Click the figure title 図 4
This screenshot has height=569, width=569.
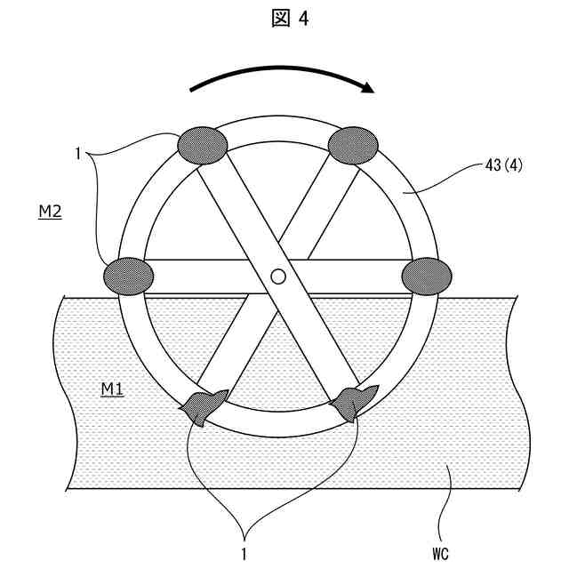click(x=284, y=20)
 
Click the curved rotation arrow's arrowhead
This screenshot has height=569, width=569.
click(x=366, y=86)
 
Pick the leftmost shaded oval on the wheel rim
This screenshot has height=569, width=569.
click(x=129, y=275)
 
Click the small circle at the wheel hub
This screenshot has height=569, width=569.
click(x=277, y=276)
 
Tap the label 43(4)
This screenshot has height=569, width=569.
click(x=501, y=165)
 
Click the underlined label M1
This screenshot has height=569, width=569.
click(x=111, y=389)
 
